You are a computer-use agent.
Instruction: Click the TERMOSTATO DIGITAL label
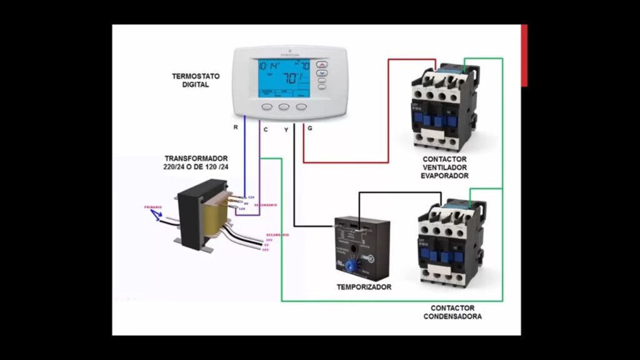196,80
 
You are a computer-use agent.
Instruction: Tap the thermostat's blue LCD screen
284,78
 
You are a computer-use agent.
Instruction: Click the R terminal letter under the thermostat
236,127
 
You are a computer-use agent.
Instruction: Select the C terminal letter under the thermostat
266,129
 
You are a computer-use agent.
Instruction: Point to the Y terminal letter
286,129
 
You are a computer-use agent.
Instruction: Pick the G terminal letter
310,128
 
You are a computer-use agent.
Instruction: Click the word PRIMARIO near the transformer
153,207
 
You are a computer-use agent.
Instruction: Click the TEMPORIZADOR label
364,287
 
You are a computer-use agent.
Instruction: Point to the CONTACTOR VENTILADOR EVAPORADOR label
444,167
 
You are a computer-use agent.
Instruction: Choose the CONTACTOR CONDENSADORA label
452,312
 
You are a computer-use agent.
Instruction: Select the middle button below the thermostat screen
284,107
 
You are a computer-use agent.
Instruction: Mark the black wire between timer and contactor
400,192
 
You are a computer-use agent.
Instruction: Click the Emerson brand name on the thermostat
289,54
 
